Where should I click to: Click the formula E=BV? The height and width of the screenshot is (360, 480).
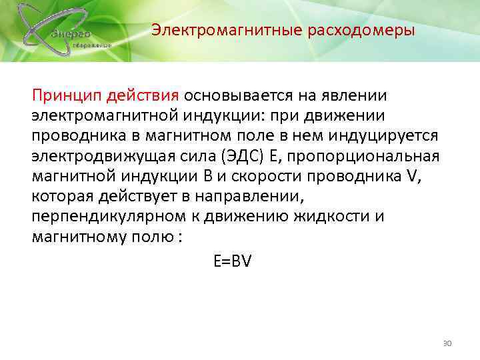[232, 262]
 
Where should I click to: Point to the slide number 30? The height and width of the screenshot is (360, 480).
[447, 343]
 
